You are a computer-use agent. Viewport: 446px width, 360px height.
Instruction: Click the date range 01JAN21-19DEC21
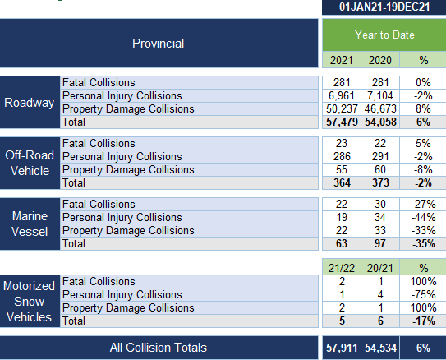click(x=384, y=7)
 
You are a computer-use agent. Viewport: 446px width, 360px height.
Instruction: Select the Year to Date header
click(x=384, y=35)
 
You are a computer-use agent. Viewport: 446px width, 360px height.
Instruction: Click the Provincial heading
click(x=159, y=44)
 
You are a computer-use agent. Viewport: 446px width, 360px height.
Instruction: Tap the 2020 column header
click(x=380, y=60)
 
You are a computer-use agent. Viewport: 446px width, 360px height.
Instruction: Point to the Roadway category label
click(x=30, y=103)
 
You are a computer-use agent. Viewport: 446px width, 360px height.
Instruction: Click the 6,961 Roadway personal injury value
click(x=342, y=95)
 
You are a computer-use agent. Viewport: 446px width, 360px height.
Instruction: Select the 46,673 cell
click(x=380, y=108)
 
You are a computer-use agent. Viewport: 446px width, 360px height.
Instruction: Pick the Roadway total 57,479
click(x=342, y=122)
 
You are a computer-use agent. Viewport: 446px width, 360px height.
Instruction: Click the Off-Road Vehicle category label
click(x=30, y=163)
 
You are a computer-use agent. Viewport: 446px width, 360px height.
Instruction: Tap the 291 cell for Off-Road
click(x=380, y=156)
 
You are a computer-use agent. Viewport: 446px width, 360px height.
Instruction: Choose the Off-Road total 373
click(x=380, y=182)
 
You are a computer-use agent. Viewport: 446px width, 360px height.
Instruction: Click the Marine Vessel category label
click(x=30, y=224)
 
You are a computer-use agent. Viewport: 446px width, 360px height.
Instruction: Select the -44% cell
click(x=423, y=218)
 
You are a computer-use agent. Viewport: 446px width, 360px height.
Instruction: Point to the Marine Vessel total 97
click(x=380, y=243)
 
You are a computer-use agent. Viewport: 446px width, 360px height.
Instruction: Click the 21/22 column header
click(x=342, y=268)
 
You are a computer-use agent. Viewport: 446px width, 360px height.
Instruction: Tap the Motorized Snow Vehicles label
click(x=30, y=302)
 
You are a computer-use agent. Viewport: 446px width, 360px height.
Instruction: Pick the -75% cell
click(x=423, y=294)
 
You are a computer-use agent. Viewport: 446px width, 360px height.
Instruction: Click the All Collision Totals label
click(x=159, y=348)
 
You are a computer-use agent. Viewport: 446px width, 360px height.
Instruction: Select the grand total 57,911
click(x=342, y=348)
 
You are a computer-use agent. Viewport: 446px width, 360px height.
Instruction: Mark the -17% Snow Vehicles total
click(x=424, y=321)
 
